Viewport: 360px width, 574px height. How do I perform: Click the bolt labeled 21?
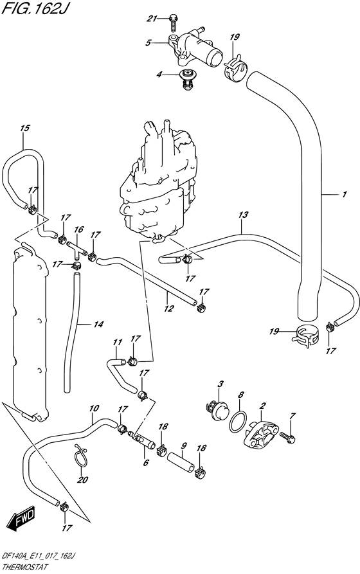coord(173,22)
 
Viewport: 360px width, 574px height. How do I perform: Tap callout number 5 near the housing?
coord(148,43)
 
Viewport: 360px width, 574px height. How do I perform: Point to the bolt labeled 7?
coord(288,436)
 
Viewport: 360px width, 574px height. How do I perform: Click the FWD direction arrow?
coord(22,519)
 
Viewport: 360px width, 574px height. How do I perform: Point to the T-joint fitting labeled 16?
coord(76,249)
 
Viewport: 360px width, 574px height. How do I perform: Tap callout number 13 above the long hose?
coord(243,215)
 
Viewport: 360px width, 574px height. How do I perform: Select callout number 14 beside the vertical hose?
coord(98,324)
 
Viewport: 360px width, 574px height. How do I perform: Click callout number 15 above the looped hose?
coord(24,128)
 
